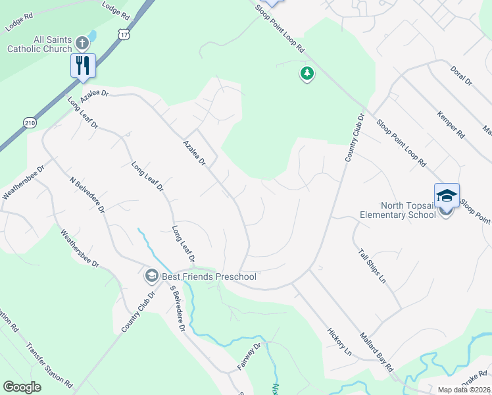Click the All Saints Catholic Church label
[39, 44]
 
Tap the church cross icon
[82, 43]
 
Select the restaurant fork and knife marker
[84, 65]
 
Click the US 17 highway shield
[124, 33]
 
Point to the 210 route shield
[30, 122]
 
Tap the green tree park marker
[307, 73]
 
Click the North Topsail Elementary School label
[398, 209]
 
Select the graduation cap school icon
[446, 196]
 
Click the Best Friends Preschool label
[209, 276]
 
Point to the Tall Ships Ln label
[371, 266]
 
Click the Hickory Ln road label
[339, 340]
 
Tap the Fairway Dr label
[249, 355]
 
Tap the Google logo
[22, 387]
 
